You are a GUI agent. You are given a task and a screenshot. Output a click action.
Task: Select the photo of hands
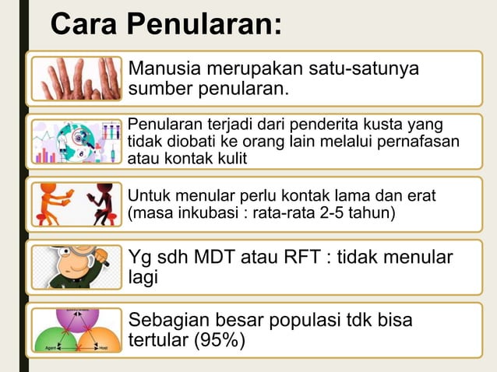(76, 78)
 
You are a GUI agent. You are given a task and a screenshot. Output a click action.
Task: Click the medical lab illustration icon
(76, 141)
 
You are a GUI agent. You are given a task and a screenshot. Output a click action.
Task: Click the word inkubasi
(202, 212)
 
